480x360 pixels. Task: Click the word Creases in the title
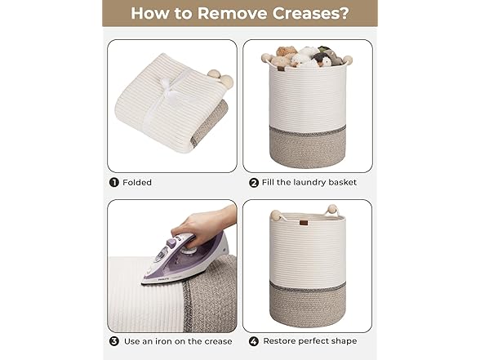click(x=302, y=13)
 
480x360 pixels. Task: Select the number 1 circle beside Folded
click(x=113, y=182)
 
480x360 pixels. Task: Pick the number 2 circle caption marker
click(x=253, y=182)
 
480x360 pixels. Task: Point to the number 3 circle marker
click(x=113, y=340)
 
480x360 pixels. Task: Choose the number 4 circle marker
click(x=253, y=340)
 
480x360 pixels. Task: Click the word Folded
click(x=138, y=182)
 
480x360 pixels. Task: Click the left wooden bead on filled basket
click(x=266, y=58)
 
